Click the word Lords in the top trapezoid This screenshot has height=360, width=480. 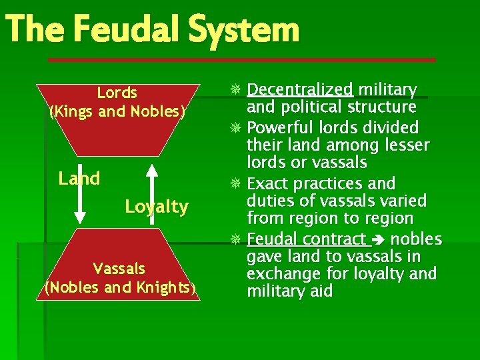click(117, 93)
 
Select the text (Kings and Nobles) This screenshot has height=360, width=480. click(117, 111)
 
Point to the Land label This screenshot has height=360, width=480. click(79, 179)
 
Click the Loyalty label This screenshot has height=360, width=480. click(157, 207)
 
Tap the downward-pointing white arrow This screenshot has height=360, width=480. click(80, 193)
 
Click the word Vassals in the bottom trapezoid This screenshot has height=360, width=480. click(119, 269)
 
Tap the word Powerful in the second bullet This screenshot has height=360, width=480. click(281, 127)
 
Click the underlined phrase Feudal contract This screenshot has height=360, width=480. click(307, 239)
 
